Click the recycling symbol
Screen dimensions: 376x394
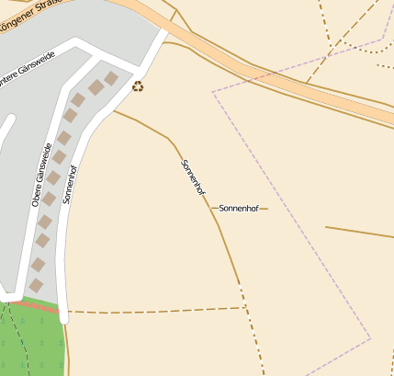pyautogui.click(x=138, y=86)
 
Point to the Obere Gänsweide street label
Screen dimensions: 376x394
pyautogui.click(x=42, y=175)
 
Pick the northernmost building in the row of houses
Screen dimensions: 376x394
pyautogui.click(x=112, y=78)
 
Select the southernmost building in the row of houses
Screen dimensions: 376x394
pyautogui.click(x=36, y=286)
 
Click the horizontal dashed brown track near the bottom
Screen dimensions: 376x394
pyautogui.click(x=156, y=310)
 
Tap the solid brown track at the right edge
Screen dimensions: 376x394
pyautogui.click(x=363, y=232)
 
